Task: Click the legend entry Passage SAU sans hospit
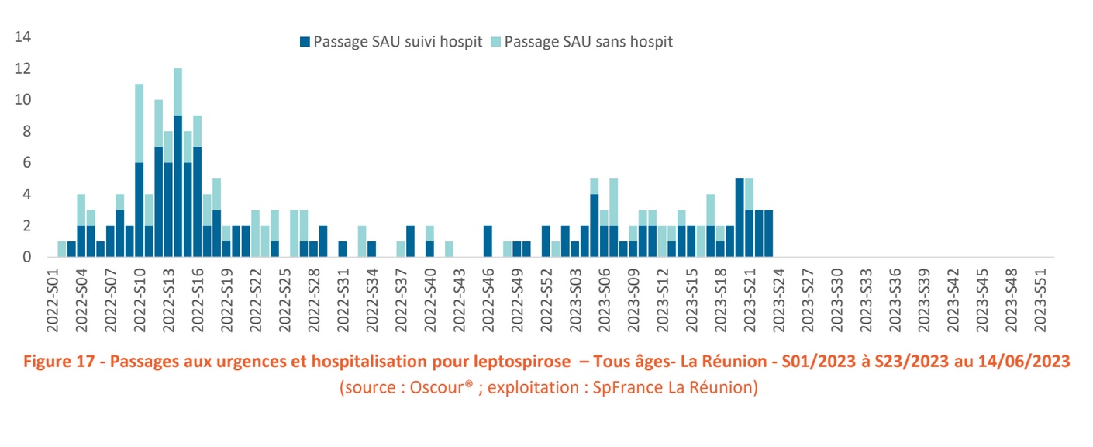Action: [588, 42]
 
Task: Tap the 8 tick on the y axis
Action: [26, 131]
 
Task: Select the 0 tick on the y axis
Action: [26, 257]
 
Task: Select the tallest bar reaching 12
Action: [178, 162]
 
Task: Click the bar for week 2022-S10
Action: [140, 171]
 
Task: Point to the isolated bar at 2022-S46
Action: [488, 241]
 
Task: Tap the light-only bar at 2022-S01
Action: [62, 249]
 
